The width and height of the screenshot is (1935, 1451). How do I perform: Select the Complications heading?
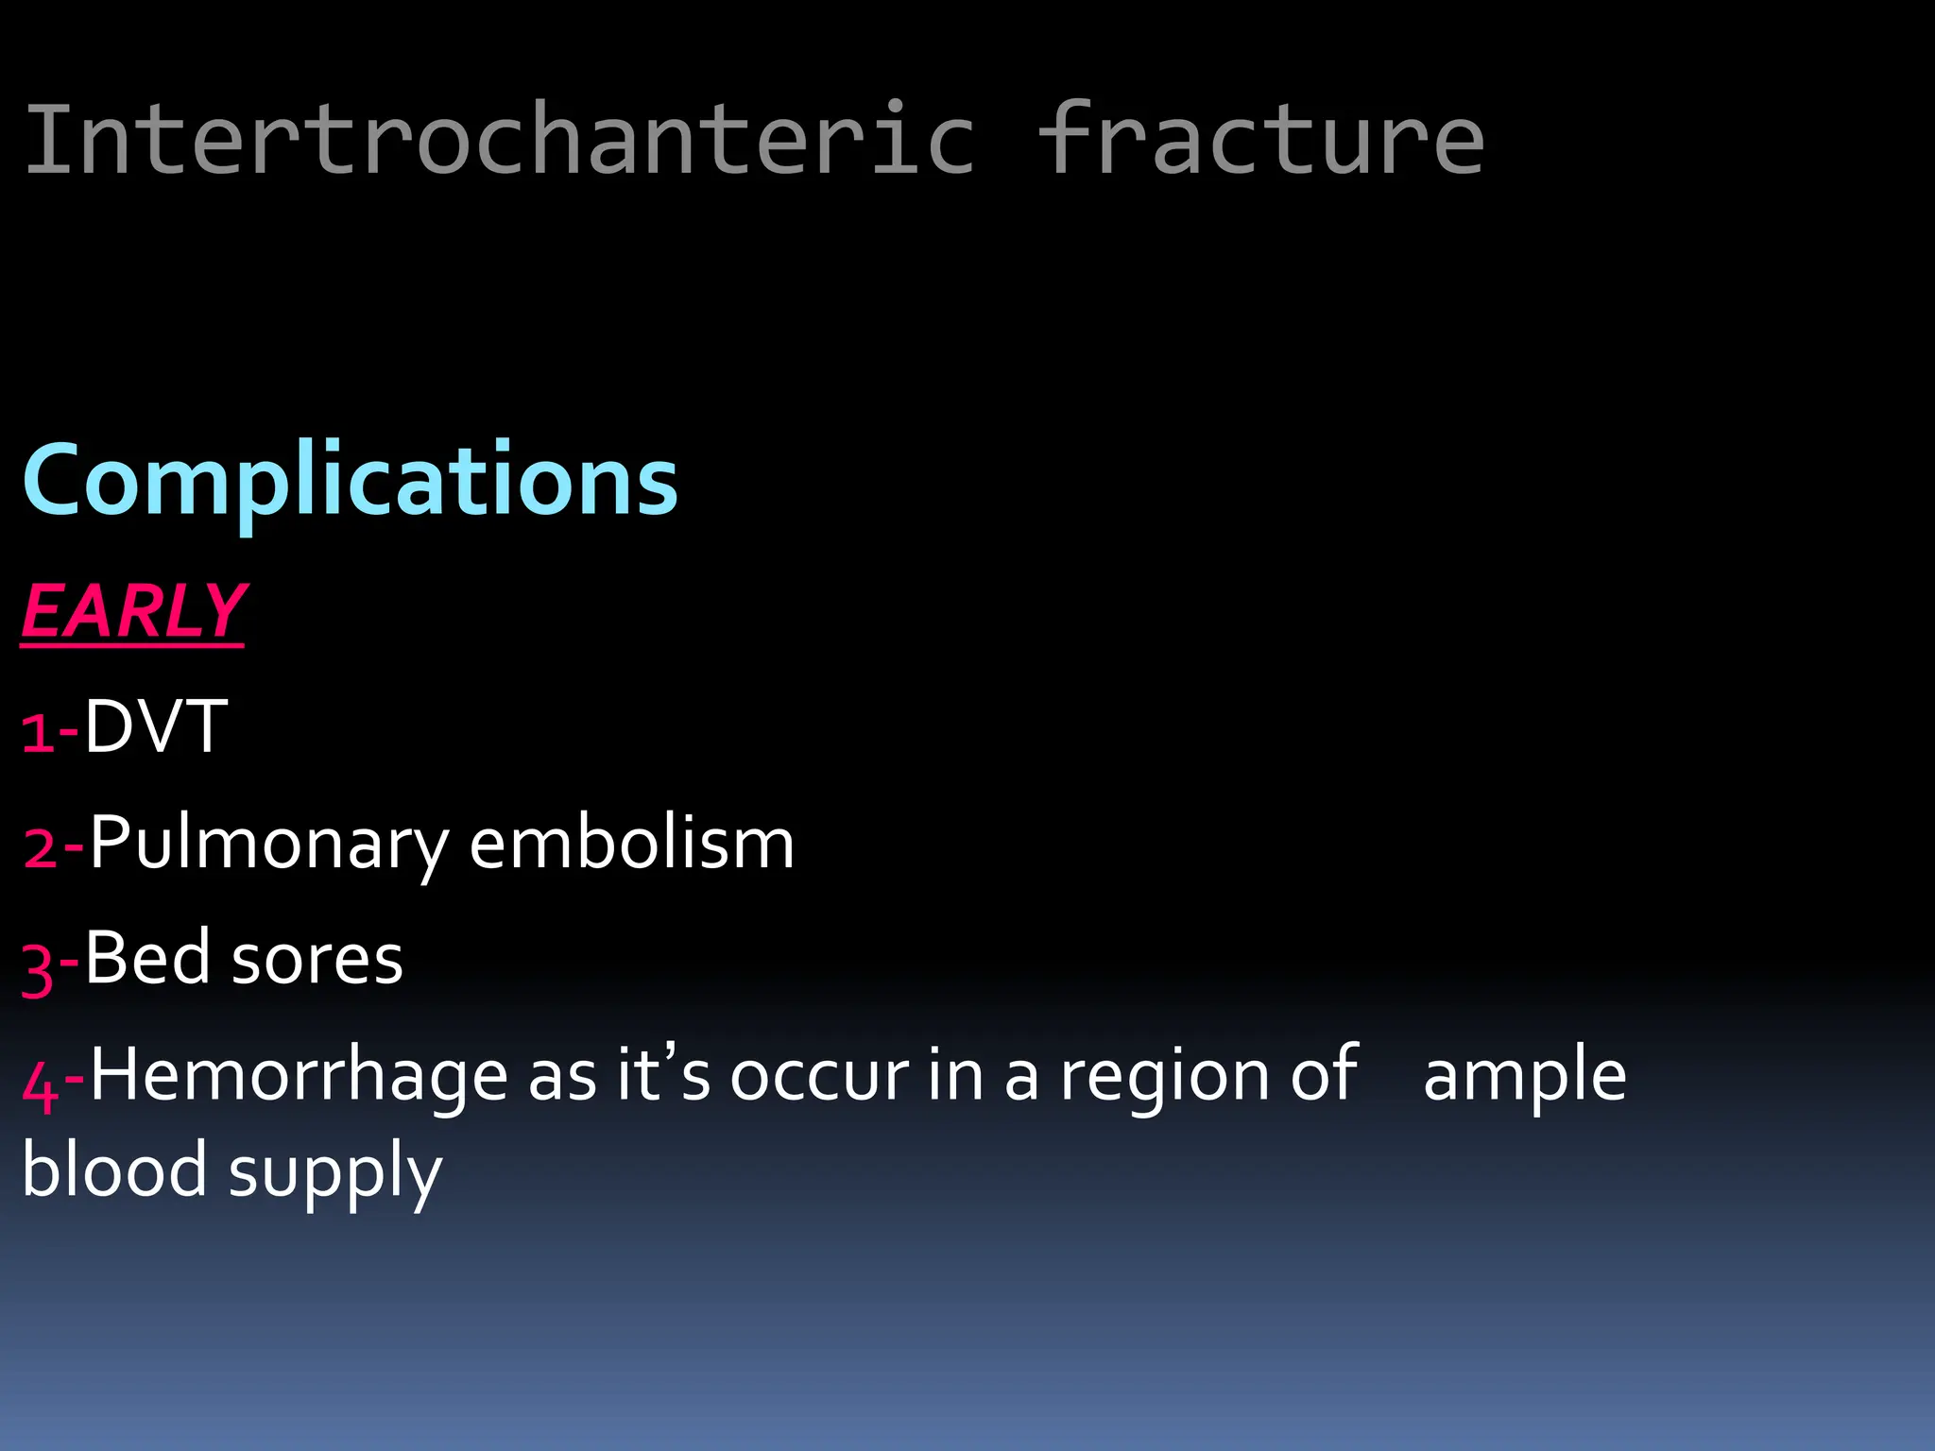click(350, 482)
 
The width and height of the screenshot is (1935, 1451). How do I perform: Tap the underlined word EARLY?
click(133, 612)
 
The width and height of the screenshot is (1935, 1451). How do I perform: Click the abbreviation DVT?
click(156, 727)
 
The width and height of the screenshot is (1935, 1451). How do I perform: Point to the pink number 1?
click(38, 733)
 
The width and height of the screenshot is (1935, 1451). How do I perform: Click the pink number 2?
click(41, 848)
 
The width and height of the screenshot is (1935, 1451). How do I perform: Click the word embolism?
click(631, 843)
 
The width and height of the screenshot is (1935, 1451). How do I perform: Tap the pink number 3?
click(38, 967)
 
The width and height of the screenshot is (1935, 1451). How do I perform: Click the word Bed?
click(146, 958)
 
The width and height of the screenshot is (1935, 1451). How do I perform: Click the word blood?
click(113, 1169)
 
